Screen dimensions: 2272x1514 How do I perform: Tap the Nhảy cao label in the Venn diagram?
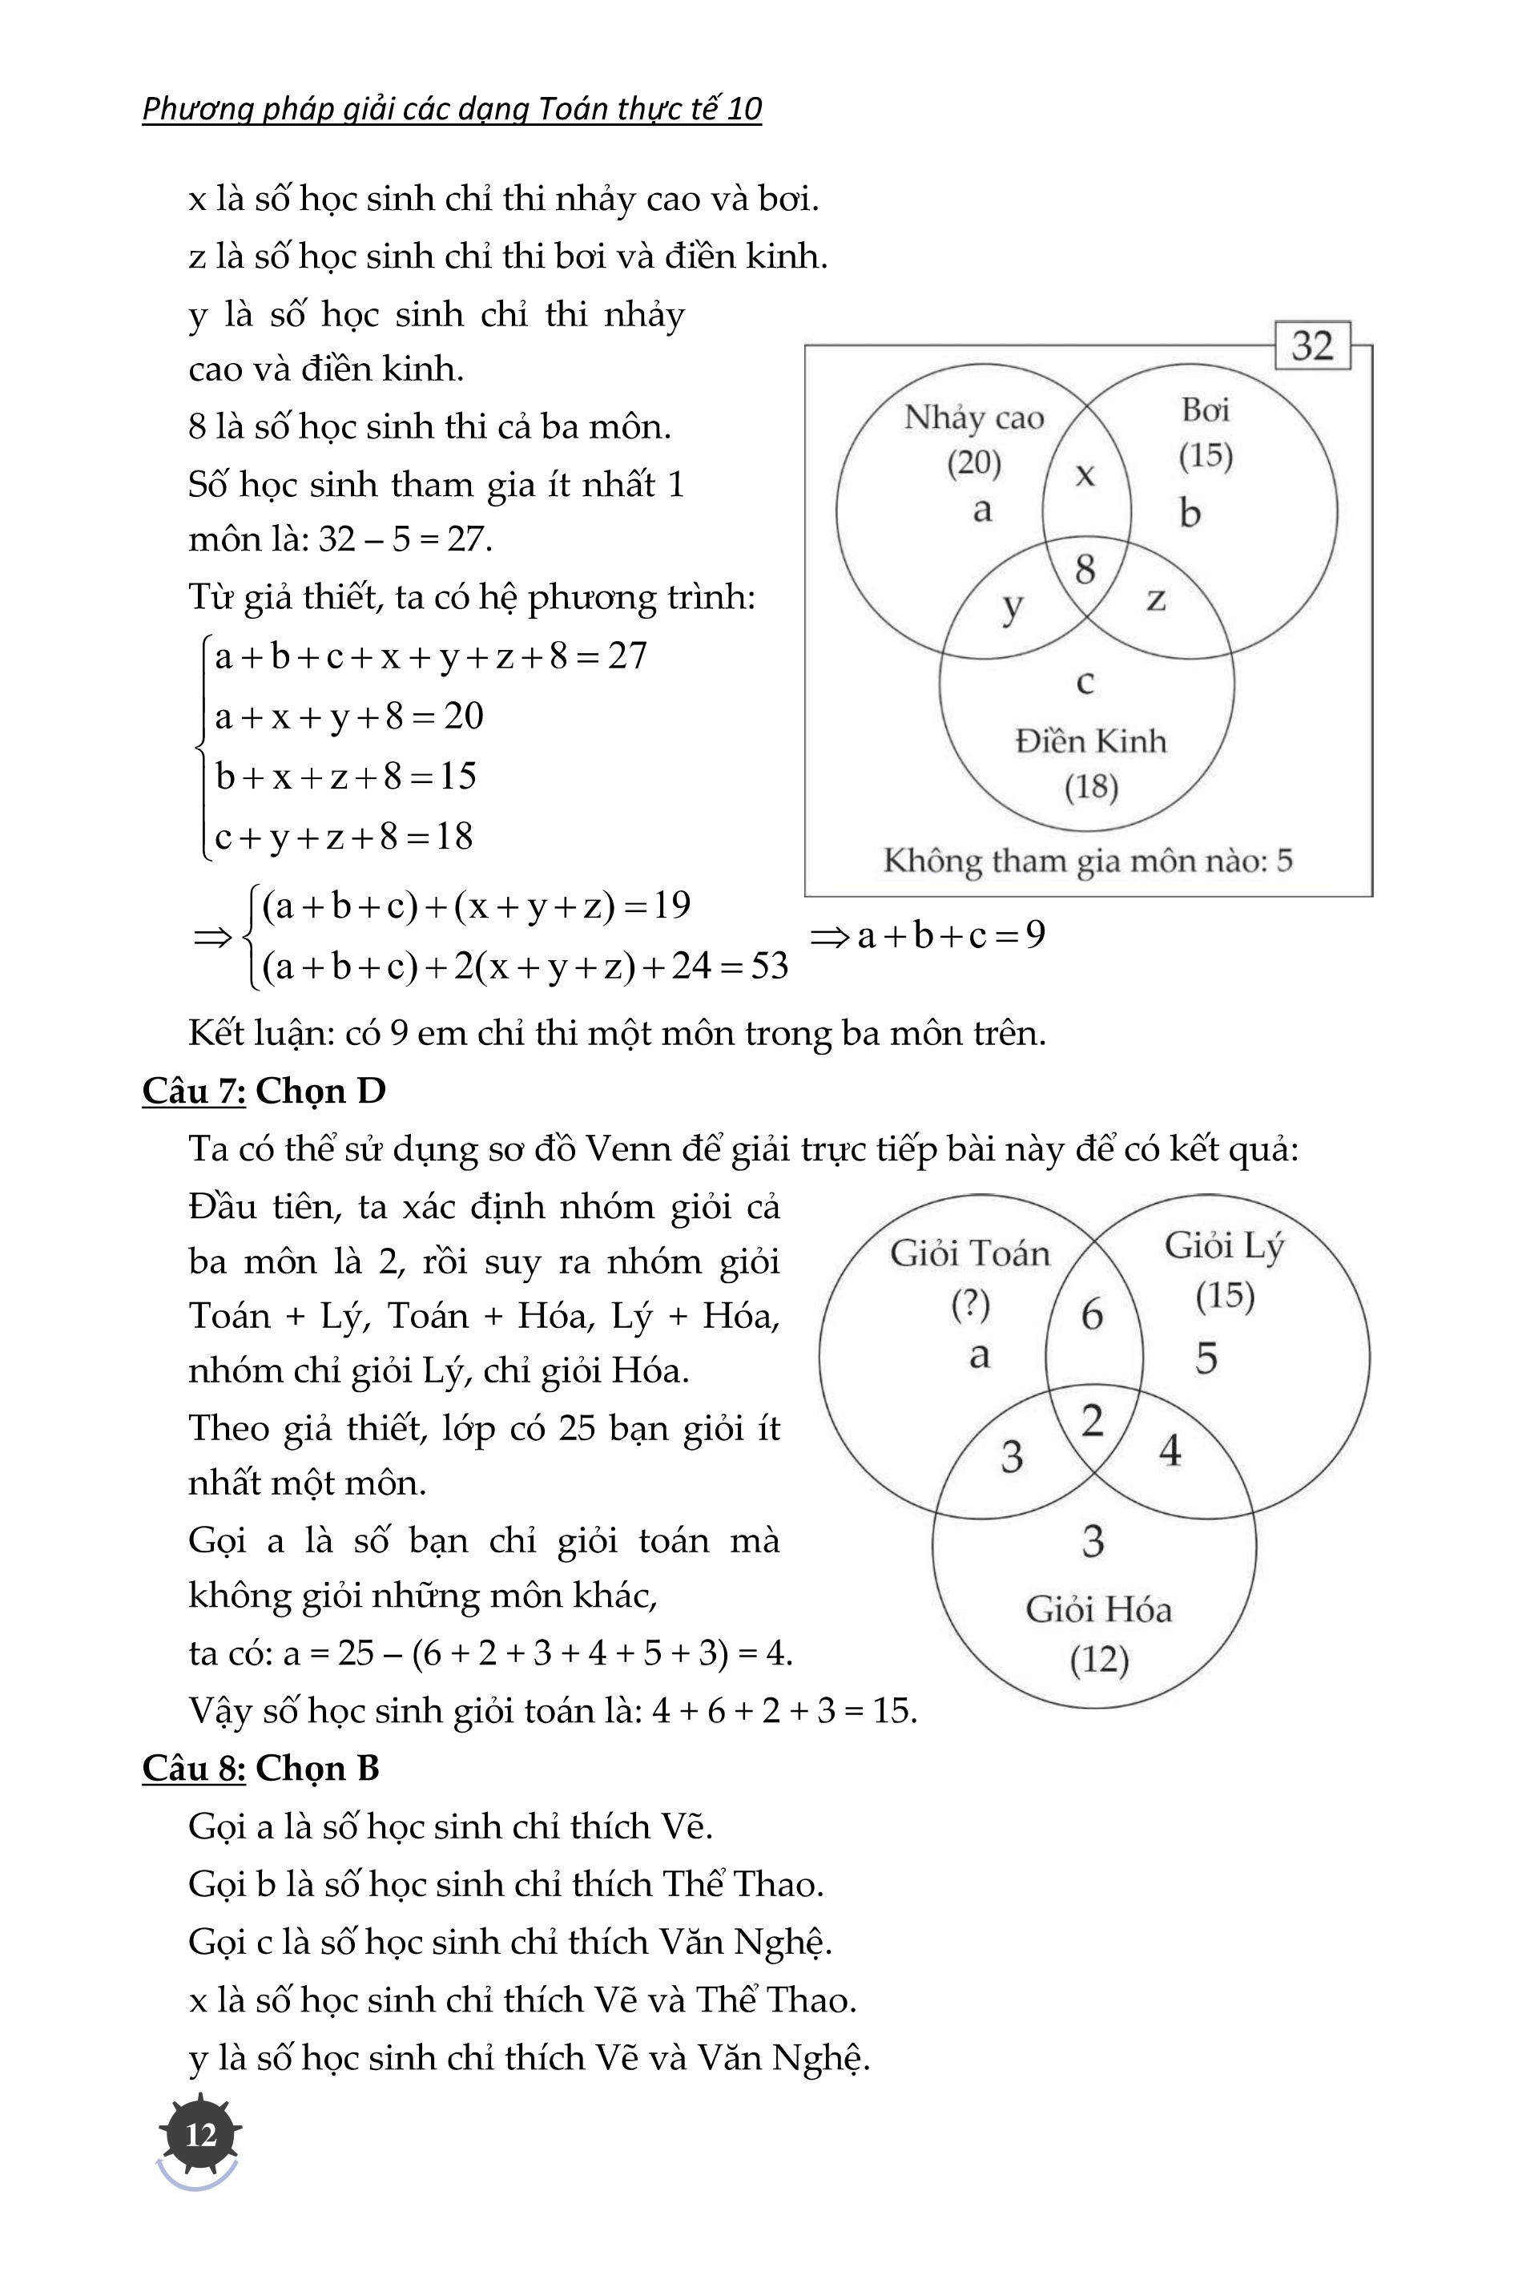[x=973, y=418]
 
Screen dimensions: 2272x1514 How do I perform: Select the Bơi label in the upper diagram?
[x=1205, y=410]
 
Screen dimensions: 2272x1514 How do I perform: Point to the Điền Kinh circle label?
[x=1091, y=742]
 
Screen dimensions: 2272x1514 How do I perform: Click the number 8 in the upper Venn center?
[x=1085, y=570]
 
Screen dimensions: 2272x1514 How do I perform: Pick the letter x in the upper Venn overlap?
[x=1085, y=474]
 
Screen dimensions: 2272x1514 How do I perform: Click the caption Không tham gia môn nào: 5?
[x=1087, y=861]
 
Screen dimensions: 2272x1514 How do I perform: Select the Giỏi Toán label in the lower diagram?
[x=969, y=1254]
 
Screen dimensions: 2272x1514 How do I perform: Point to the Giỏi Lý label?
[x=1223, y=1246]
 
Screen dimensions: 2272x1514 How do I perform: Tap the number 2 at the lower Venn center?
[x=1092, y=1421]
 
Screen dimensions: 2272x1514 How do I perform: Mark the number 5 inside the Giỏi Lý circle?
[x=1206, y=1358]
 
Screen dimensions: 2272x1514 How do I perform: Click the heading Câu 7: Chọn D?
[x=264, y=1091]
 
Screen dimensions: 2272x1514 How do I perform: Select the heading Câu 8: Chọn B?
[x=260, y=1768]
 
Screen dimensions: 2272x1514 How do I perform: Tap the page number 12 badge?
[x=201, y=2134]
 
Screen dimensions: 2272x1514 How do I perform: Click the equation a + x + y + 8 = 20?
[x=348, y=716]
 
